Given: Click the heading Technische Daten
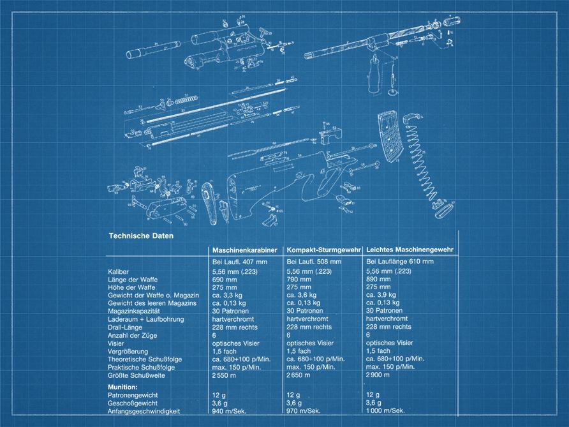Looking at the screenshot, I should (141, 236).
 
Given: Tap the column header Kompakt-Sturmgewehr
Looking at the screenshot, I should (323, 249).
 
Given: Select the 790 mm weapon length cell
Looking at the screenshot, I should (299, 280).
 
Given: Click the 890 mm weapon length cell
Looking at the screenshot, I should (379, 280).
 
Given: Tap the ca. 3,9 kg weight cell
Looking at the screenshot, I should (381, 296).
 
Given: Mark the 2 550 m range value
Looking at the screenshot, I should (225, 375).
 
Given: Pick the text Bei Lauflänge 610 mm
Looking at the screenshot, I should (400, 262).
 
